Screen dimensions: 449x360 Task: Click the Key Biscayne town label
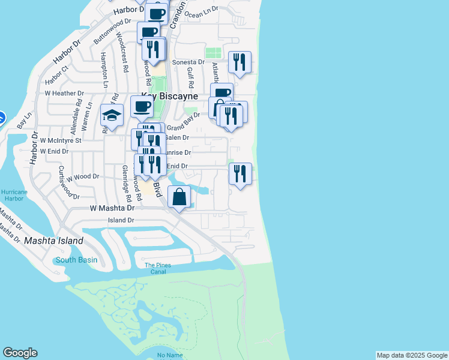[x=169, y=96]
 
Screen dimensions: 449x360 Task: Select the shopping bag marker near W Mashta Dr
[x=179, y=197]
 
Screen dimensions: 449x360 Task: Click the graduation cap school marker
[x=112, y=115]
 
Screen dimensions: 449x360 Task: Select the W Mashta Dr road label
[x=112, y=208]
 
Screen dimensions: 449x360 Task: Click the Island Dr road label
[x=121, y=220]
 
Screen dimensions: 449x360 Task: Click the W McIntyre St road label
[x=60, y=140]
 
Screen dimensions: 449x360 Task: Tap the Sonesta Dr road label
[x=188, y=62]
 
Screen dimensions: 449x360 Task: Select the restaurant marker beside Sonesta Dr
[x=240, y=62]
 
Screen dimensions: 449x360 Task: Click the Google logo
[x=20, y=353]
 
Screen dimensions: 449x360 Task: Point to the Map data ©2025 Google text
[x=412, y=355]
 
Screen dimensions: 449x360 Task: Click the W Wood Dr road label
[x=82, y=178]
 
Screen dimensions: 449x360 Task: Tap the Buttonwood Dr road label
[x=112, y=31]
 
